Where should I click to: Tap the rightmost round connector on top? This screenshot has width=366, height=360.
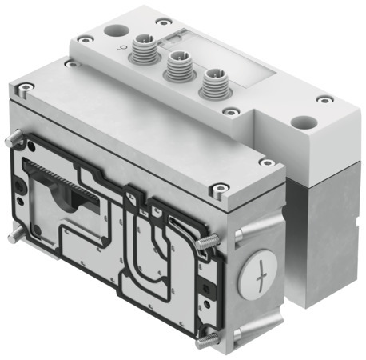coord(211,82)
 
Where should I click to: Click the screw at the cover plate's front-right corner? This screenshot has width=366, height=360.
coord(218,190)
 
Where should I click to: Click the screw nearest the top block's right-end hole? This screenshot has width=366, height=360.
coord(322,100)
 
